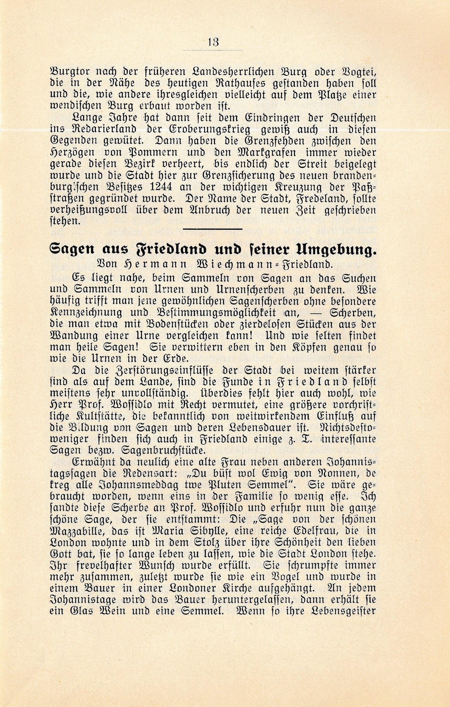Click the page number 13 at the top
[213, 42]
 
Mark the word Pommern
[152, 152]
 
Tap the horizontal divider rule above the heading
[212, 229]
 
